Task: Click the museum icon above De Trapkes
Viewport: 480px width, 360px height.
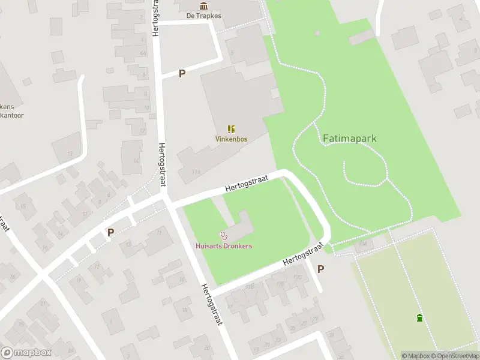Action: tap(203, 6)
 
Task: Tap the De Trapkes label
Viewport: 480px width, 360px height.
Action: tap(203, 16)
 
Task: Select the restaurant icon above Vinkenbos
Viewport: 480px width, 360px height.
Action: tap(231, 128)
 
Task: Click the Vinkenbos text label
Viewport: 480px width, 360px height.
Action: tap(231, 139)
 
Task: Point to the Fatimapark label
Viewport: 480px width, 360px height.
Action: tap(349, 138)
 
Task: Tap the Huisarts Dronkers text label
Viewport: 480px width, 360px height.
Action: tap(224, 246)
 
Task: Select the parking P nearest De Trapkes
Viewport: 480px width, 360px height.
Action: tap(182, 73)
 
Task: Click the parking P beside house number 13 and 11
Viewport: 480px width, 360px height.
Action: tap(110, 232)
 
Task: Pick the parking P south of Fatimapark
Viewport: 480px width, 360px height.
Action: tap(320, 269)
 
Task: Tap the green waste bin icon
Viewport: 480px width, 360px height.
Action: tap(419, 318)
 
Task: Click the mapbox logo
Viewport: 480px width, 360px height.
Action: tap(26, 353)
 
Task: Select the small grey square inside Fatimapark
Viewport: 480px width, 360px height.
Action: tap(317, 32)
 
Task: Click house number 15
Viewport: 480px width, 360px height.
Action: tap(23, 206)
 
